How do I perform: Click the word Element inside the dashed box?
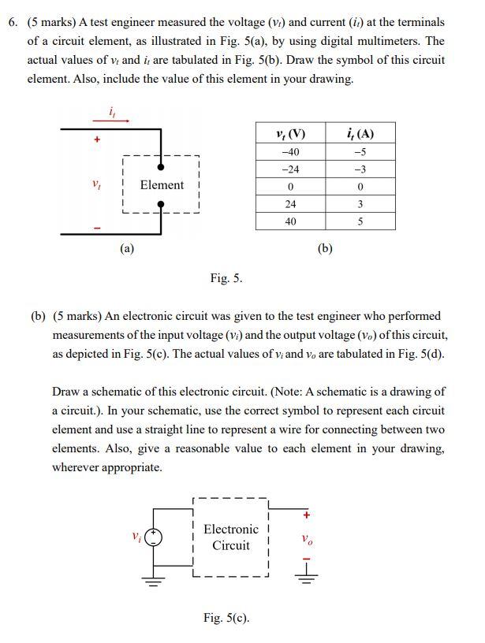point(162,185)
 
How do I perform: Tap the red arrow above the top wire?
point(114,121)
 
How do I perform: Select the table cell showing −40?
point(290,152)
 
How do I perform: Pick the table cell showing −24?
point(290,169)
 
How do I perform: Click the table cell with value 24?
point(290,204)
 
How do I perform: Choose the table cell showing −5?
point(360,152)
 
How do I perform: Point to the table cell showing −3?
point(360,169)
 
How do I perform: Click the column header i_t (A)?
point(360,133)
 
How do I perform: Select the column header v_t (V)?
point(290,133)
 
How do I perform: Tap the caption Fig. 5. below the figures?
point(226,277)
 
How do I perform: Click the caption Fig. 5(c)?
point(226,617)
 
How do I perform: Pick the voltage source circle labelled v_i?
point(155,537)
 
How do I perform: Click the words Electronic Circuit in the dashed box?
point(230,537)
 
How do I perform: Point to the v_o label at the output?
point(307,541)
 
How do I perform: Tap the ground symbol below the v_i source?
point(155,583)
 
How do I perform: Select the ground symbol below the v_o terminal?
point(307,574)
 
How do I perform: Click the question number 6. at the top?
point(13,22)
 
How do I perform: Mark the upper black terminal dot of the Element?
point(161,167)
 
